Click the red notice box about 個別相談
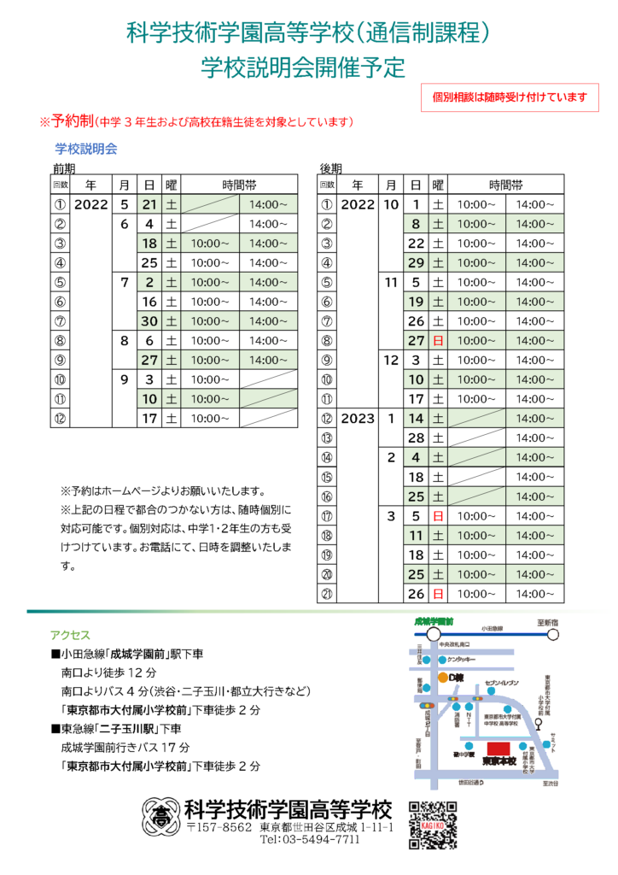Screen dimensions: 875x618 [510, 97]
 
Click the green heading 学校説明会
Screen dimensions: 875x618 [86, 148]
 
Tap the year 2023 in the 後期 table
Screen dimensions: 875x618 [358, 419]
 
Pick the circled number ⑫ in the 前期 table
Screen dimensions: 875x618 [60, 419]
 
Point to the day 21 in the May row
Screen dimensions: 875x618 [149, 205]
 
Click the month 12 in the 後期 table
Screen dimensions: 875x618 [391, 361]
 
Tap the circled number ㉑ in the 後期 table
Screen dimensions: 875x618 [326, 594]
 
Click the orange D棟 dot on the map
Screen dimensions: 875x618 [443, 678]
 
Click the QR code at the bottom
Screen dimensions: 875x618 [433, 825]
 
